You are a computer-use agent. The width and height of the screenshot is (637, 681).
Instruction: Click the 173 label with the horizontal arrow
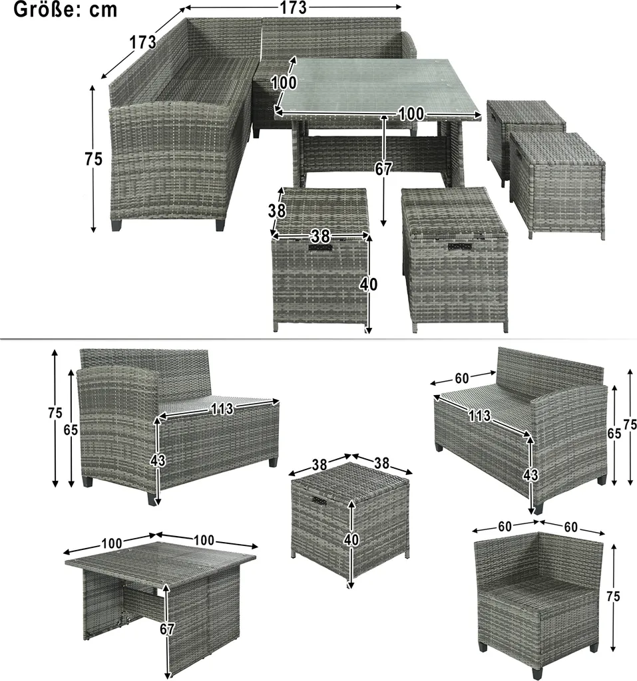293,7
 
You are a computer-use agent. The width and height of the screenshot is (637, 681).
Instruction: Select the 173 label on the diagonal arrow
142,42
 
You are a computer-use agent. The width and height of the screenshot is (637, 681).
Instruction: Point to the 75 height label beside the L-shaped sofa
93,159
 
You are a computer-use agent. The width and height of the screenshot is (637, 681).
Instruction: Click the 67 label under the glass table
383,169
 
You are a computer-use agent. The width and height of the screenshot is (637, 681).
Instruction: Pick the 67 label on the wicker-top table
167,629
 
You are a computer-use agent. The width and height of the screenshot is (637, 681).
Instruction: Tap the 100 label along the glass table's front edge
411,114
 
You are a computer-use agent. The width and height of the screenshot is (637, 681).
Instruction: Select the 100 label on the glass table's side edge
284,82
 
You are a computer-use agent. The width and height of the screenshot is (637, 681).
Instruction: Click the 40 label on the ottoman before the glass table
368,285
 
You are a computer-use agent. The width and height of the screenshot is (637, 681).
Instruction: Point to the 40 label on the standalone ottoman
351,539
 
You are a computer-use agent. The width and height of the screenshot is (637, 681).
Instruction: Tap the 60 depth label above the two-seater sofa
462,378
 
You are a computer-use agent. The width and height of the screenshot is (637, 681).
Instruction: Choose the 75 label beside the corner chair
613,597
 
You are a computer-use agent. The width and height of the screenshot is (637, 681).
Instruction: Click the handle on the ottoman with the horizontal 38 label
320,247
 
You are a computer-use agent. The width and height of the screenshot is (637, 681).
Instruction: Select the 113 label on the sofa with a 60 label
480,416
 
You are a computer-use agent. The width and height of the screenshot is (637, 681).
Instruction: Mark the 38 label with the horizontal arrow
320,236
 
